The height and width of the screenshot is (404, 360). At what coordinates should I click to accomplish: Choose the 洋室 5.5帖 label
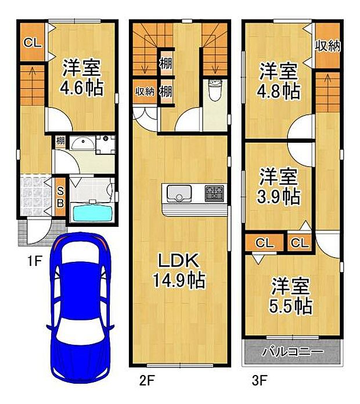[x=291, y=295]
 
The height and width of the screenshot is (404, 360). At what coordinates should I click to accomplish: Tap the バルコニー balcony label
[x=291, y=351]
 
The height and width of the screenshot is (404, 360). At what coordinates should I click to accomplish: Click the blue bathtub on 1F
[x=92, y=212]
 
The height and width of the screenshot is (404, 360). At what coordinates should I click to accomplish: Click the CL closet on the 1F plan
[x=31, y=42]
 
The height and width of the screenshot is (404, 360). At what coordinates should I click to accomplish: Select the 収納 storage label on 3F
[x=327, y=46]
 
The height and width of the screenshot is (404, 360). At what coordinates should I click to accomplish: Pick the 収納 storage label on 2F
[x=144, y=92]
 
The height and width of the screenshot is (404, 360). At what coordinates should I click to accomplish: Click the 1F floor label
[x=34, y=261]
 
